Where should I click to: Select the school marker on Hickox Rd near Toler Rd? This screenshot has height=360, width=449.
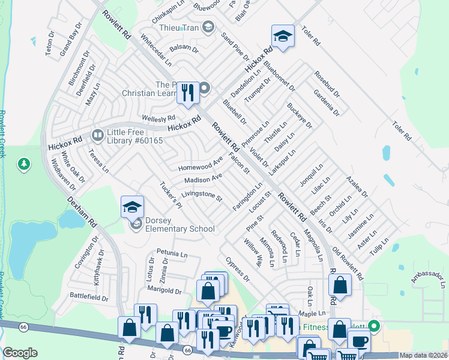[x=283, y=37]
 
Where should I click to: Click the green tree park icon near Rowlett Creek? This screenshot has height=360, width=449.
[x=24, y=164]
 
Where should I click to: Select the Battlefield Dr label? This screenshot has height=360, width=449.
[x=89, y=296]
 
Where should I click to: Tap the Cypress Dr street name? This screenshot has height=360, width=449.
[x=238, y=270]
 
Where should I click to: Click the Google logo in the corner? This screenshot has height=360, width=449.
[x=20, y=353]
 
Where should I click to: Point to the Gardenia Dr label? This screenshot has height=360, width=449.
[x=327, y=103]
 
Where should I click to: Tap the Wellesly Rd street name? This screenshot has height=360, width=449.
[x=158, y=118]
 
